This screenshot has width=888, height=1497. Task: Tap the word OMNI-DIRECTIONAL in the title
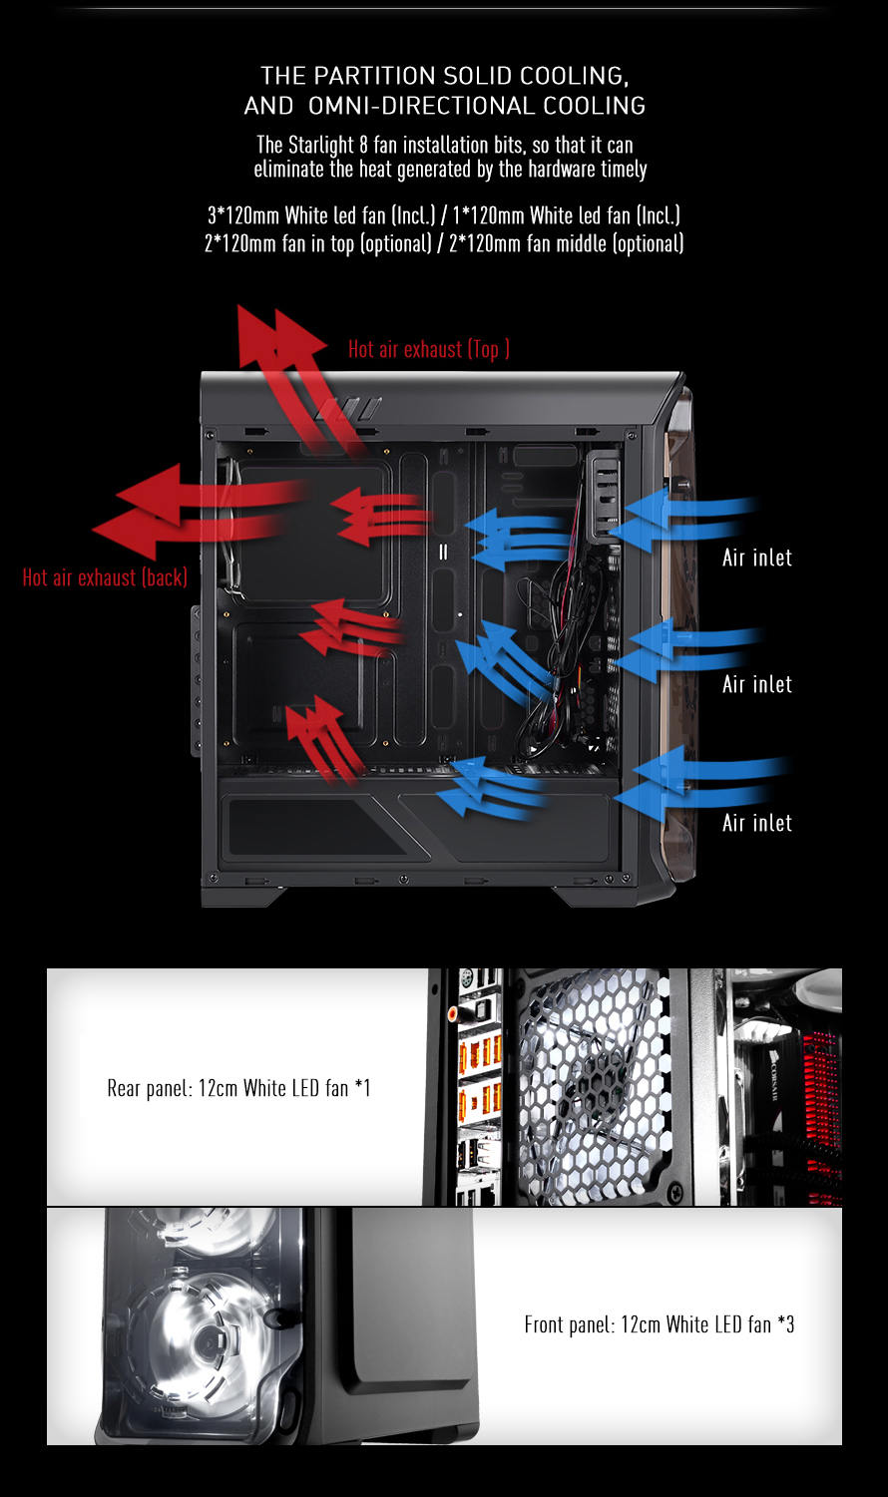click(421, 106)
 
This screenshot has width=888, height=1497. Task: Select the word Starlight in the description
click(320, 145)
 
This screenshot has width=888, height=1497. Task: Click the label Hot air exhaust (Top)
click(429, 349)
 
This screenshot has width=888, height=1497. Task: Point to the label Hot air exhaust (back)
click(105, 577)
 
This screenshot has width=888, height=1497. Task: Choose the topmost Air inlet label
click(757, 558)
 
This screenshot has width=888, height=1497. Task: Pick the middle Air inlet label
click(757, 684)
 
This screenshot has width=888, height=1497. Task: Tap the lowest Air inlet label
click(757, 823)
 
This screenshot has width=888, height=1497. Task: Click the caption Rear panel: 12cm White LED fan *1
click(238, 1089)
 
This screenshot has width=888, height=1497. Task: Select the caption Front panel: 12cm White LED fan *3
click(660, 1324)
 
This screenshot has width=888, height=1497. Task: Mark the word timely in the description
click(624, 170)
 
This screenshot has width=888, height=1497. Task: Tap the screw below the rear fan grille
click(676, 1191)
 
